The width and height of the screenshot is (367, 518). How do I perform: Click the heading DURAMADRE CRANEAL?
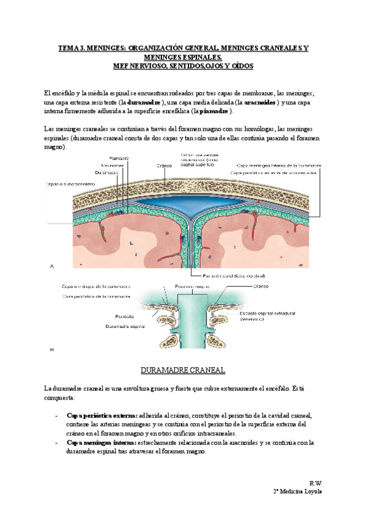[183, 371]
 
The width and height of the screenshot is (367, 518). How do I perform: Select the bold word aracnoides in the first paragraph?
[259, 102]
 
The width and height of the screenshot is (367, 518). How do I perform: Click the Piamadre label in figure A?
[118, 158]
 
